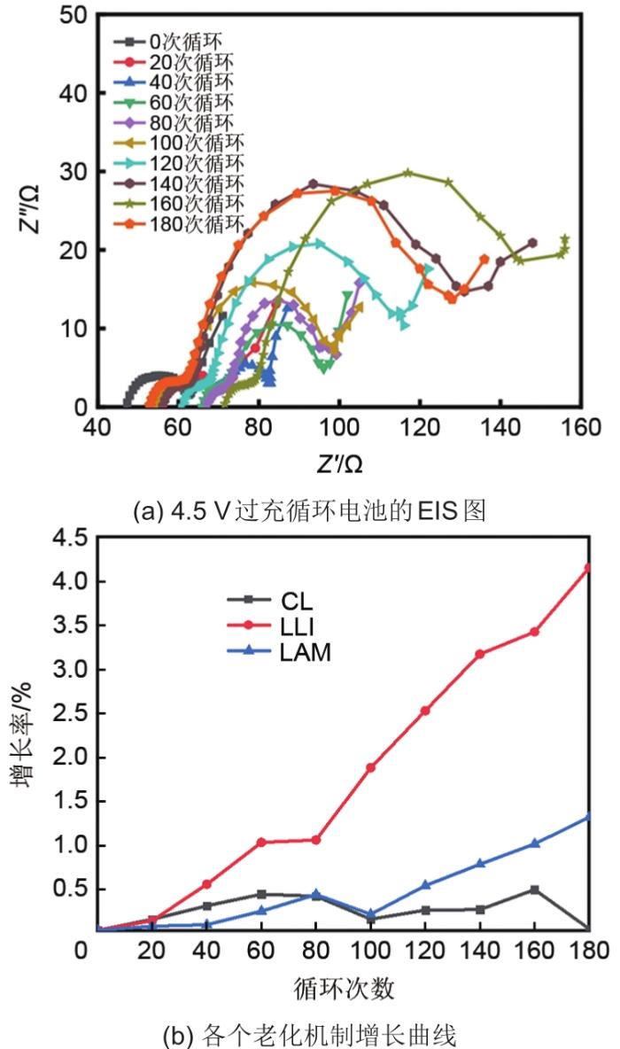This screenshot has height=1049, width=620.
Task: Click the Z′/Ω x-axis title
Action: click(337, 462)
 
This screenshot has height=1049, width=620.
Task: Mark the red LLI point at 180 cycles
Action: click(586, 567)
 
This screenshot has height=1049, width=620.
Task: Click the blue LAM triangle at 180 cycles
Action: click(586, 816)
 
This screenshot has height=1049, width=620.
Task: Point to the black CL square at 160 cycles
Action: click(534, 889)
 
